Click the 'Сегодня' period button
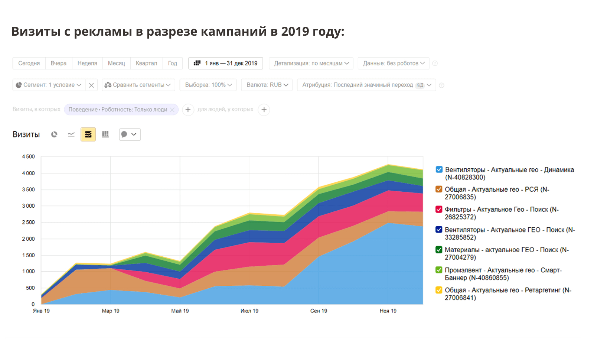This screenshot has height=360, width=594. [x=29, y=63]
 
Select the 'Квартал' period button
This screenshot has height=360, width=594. [x=146, y=63]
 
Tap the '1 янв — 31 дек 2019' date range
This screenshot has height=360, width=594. [x=226, y=63]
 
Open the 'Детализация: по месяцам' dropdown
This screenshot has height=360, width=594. [x=311, y=63]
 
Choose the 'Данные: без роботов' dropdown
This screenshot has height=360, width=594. [x=394, y=63]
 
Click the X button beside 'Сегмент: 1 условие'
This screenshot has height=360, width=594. [x=91, y=85]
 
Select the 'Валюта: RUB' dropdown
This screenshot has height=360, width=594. [x=267, y=85]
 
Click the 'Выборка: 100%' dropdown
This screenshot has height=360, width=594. [x=208, y=85]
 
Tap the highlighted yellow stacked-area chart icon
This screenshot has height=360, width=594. [x=88, y=134]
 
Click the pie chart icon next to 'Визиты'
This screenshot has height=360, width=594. [x=54, y=134]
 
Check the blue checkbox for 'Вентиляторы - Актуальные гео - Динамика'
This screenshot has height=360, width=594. [x=439, y=169]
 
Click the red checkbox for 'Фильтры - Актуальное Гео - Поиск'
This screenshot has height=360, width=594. [x=439, y=209]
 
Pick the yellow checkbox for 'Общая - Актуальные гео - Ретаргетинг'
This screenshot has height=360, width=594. [x=439, y=290]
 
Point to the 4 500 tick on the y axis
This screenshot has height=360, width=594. [x=28, y=157]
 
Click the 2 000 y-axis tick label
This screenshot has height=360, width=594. [x=28, y=239]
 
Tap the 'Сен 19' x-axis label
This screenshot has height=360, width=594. [x=319, y=311]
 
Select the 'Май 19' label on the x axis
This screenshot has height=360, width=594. [x=180, y=311]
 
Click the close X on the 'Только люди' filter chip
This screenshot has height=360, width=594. [x=172, y=110]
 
